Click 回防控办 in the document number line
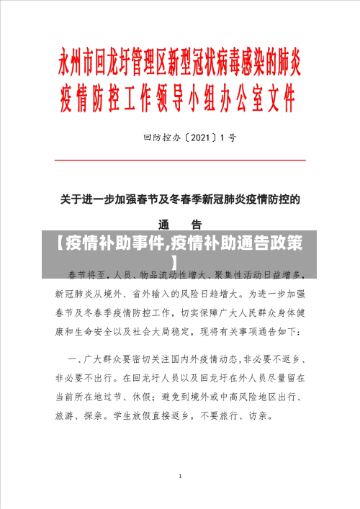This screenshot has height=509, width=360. (161, 137)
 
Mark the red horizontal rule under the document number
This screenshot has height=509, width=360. (180, 160)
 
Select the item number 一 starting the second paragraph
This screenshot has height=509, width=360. (73, 358)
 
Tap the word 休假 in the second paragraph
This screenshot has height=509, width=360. (151, 396)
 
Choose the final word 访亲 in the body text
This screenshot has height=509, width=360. (262, 415)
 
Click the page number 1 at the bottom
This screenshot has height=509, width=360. (180, 477)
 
